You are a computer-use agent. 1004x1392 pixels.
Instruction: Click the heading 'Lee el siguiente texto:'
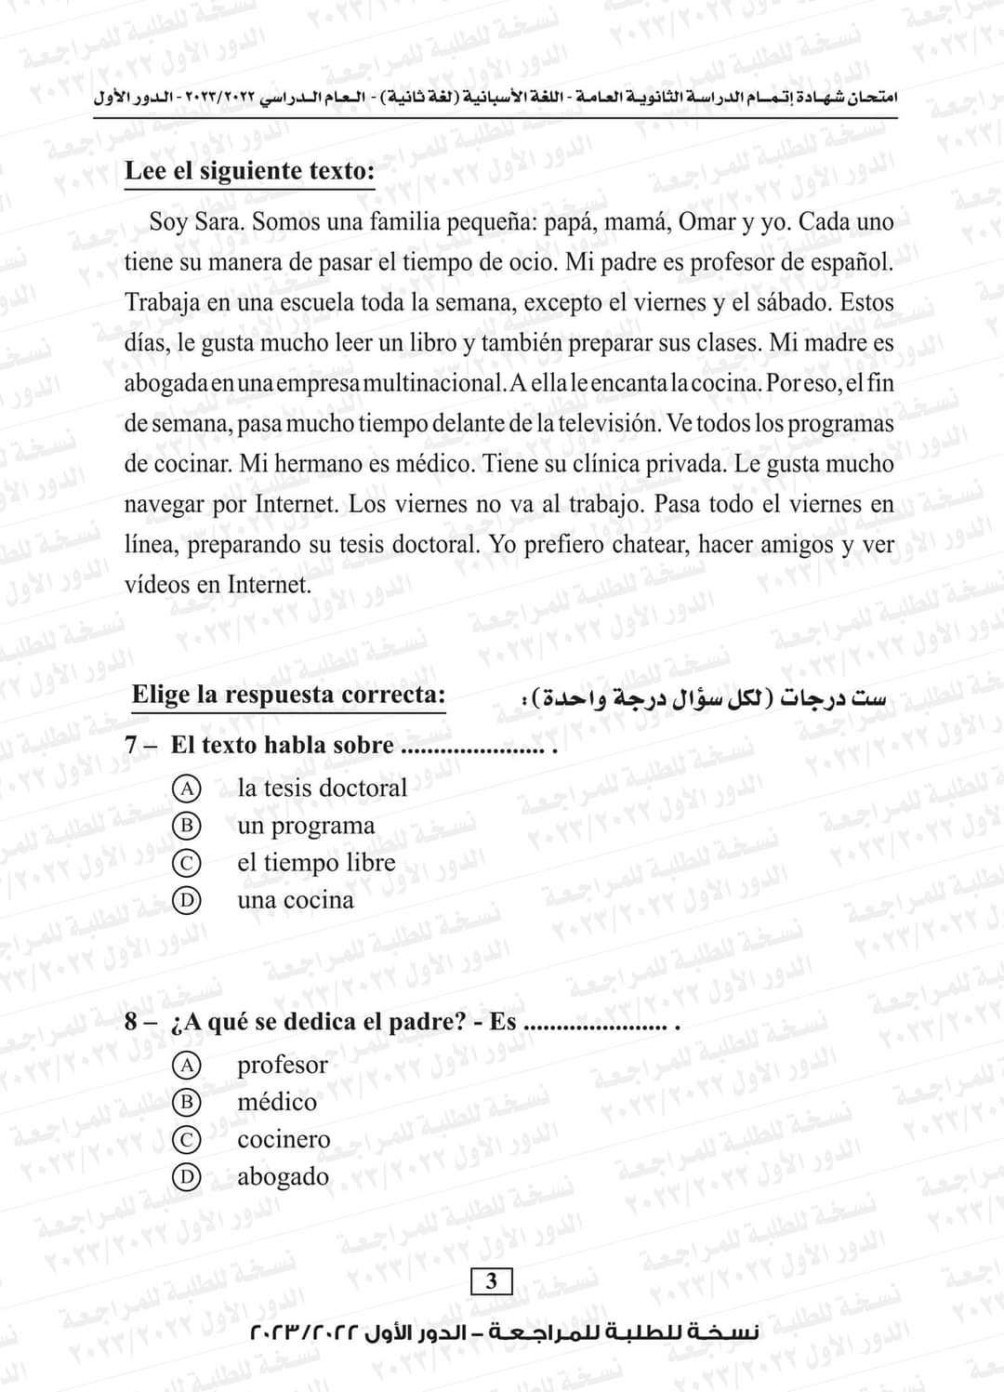pyautogui.click(x=249, y=172)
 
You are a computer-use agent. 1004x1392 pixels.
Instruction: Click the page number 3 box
pyautogui.click(x=492, y=1281)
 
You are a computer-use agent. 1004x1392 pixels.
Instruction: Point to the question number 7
pyautogui.click(x=133, y=746)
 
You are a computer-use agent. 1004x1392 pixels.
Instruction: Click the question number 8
pyautogui.click(x=133, y=1023)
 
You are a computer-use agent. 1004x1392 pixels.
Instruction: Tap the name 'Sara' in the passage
pyautogui.click(x=219, y=223)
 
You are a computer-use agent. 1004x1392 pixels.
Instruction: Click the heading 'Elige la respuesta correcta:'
pyautogui.click(x=288, y=695)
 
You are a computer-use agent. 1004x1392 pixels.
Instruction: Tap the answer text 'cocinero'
pyautogui.click(x=284, y=1140)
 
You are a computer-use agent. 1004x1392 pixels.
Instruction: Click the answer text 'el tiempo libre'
pyautogui.click(x=316, y=863)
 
